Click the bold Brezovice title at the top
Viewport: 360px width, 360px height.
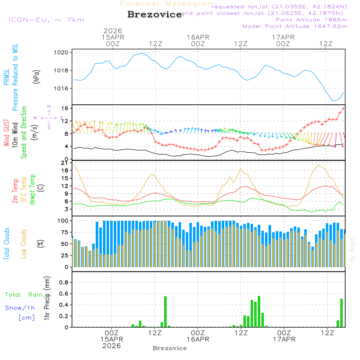tap(155, 14)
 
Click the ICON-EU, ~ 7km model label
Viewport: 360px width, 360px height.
tap(46, 20)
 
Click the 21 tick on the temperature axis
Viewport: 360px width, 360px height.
tap(65, 163)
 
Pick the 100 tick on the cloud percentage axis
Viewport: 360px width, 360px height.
tap(63, 220)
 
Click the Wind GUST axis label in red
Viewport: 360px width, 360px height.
tap(7, 133)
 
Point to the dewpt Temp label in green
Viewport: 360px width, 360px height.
tap(32, 190)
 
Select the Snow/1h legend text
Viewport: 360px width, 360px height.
tap(20, 308)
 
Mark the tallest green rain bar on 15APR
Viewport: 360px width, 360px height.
tap(165, 311)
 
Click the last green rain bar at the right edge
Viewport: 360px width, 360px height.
tap(341, 313)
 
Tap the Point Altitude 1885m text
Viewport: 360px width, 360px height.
tap(311, 20)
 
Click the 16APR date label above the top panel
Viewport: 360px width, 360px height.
tap(198, 37)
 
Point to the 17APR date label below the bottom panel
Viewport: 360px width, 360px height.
tap(284, 339)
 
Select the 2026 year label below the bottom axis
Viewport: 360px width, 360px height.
tap(112, 346)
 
